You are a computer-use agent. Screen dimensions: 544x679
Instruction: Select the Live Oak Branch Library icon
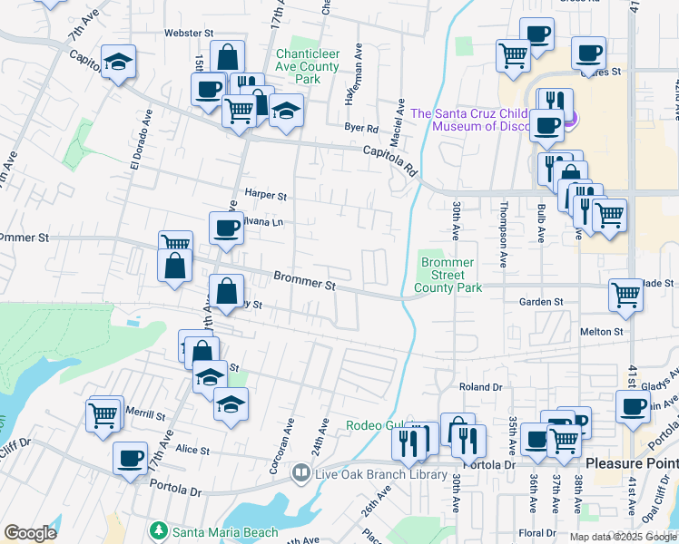[x=300, y=473]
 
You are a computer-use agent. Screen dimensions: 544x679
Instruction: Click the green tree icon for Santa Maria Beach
[x=159, y=529]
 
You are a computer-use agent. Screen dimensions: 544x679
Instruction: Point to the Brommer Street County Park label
[x=448, y=275]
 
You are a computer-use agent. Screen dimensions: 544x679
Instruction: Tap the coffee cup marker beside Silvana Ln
[x=226, y=228]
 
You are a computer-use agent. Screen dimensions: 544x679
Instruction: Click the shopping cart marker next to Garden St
[x=626, y=295]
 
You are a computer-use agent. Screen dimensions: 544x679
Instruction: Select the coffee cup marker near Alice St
[x=131, y=457]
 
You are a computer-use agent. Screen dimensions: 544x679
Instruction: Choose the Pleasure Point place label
[x=631, y=462]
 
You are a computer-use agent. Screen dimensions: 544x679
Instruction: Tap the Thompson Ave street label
[x=501, y=234]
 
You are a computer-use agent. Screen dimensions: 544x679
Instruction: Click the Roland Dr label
[x=480, y=386]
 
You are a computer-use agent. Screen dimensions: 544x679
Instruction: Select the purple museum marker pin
[x=569, y=117]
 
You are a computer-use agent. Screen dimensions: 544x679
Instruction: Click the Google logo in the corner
[x=30, y=533]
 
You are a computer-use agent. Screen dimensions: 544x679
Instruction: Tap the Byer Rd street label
[x=360, y=129]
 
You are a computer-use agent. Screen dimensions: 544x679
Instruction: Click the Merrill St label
[x=146, y=416]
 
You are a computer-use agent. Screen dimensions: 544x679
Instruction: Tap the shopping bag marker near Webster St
[x=227, y=56]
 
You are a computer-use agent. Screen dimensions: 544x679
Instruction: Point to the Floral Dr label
[x=536, y=532]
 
